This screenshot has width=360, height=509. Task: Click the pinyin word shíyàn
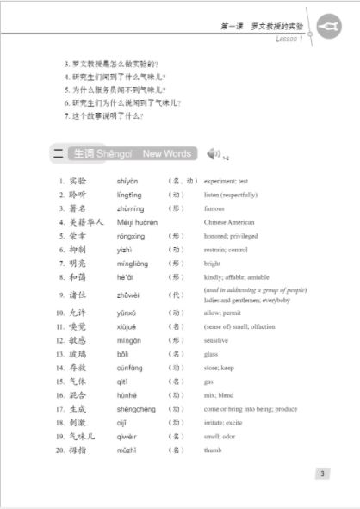pos(127,182)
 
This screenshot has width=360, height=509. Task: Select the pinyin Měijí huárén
pos(136,222)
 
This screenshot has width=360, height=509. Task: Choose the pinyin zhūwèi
pos(127,294)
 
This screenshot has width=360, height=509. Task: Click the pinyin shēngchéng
pos(136,408)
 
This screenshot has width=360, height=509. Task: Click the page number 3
pos(321,473)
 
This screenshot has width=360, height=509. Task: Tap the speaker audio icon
pos(214,153)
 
